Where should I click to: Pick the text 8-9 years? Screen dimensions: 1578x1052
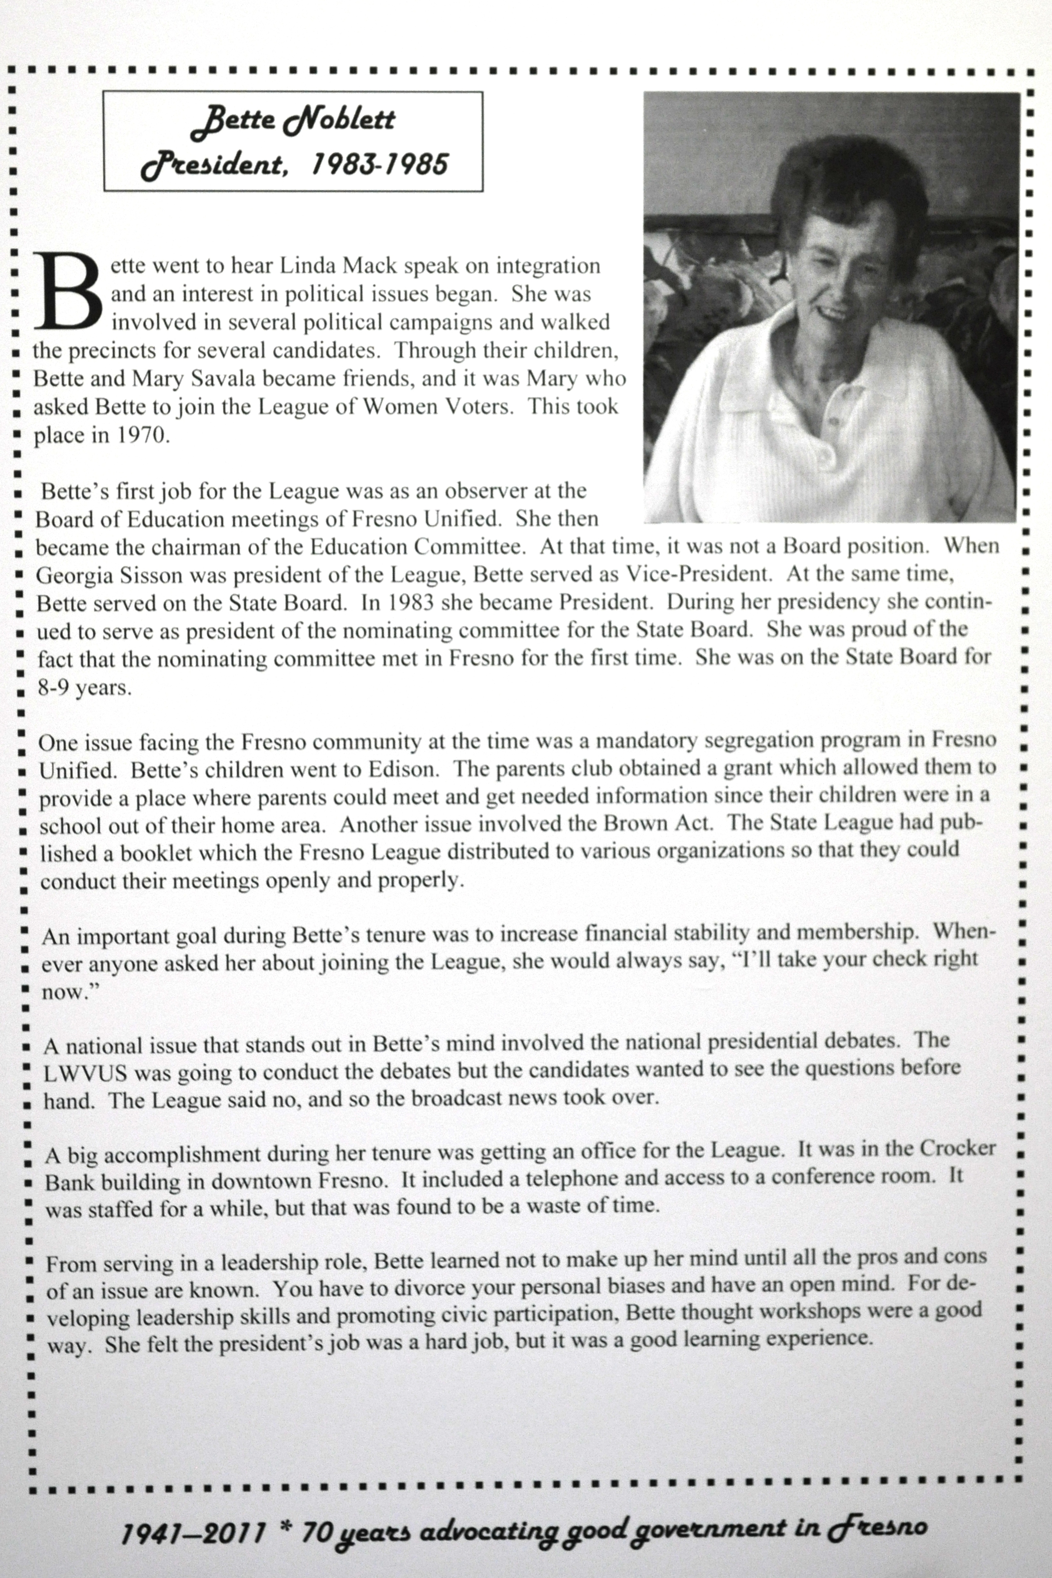(84, 688)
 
